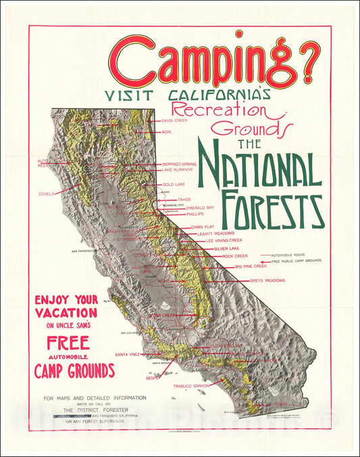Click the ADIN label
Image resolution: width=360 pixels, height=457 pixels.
pyautogui.click(x=166, y=133)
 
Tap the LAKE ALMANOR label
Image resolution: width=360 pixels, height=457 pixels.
pyautogui.click(x=177, y=170)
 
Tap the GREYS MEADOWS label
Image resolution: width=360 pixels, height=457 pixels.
pyautogui.click(x=267, y=280)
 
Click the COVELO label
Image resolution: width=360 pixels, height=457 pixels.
pyautogui.click(x=46, y=193)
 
